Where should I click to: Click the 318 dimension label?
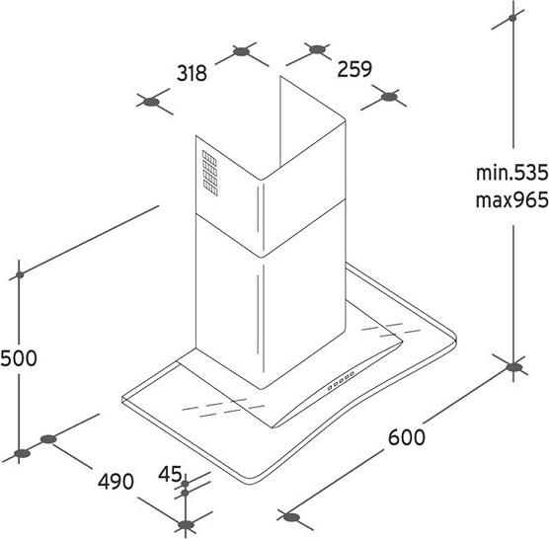pyautogui.click(x=192, y=73)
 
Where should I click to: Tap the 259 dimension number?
pyautogui.click(x=354, y=69)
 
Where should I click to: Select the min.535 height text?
pyautogui.click(x=511, y=173)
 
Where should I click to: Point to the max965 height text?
pyautogui.click(x=511, y=200)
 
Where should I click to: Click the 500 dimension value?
pyautogui.click(x=19, y=358)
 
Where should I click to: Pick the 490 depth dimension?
pyautogui.click(x=116, y=482)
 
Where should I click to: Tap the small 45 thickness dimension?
pyautogui.click(x=170, y=474)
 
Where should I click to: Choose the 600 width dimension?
pyautogui.click(x=407, y=437)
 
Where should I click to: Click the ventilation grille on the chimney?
pyautogui.click(x=209, y=174)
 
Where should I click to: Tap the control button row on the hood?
pyautogui.click(x=341, y=380)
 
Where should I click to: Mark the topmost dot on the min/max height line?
pyautogui.click(x=512, y=18)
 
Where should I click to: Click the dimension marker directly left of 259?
pyautogui.click(x=317, y=49)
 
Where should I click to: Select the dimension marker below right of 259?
pyautogui.click(x=389, y=97)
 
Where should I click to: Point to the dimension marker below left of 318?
pyautogui.click(x=152, y=103)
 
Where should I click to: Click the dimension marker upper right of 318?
pyautogui.click(x=242, y=52)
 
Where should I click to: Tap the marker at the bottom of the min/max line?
pyautogui.click(x=513, y=367)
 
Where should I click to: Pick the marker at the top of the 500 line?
pyautogui.click(x=20, y=275)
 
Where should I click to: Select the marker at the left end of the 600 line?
pyautogui.click(x=291, y=517)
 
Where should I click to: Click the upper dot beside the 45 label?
pyautogui.click(x=186, y=484)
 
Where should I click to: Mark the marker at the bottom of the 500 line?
pyautogui.click(x=22, y=454)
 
